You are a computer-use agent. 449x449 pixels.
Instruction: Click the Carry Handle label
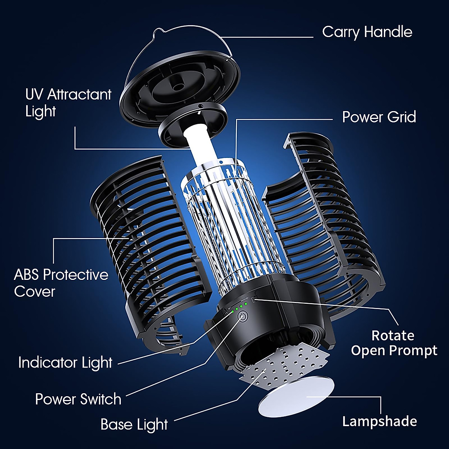click(x=367, y=32)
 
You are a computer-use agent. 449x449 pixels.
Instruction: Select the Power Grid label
click(x=379, y=117)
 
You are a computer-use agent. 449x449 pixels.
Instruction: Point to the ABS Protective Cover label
click(x=61, y=283)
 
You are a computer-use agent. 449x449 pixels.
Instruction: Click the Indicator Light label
click(x=65, y=363)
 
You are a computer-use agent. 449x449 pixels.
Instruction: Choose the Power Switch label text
click(x=78, y=399)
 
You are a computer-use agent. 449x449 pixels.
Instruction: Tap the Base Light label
click(x=134, y=425)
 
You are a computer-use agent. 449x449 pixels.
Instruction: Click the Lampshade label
click(x=379, y=421)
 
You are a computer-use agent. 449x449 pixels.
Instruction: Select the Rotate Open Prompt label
click(x=394, y=343)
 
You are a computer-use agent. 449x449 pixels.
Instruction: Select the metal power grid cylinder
click(x=234, y=224)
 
